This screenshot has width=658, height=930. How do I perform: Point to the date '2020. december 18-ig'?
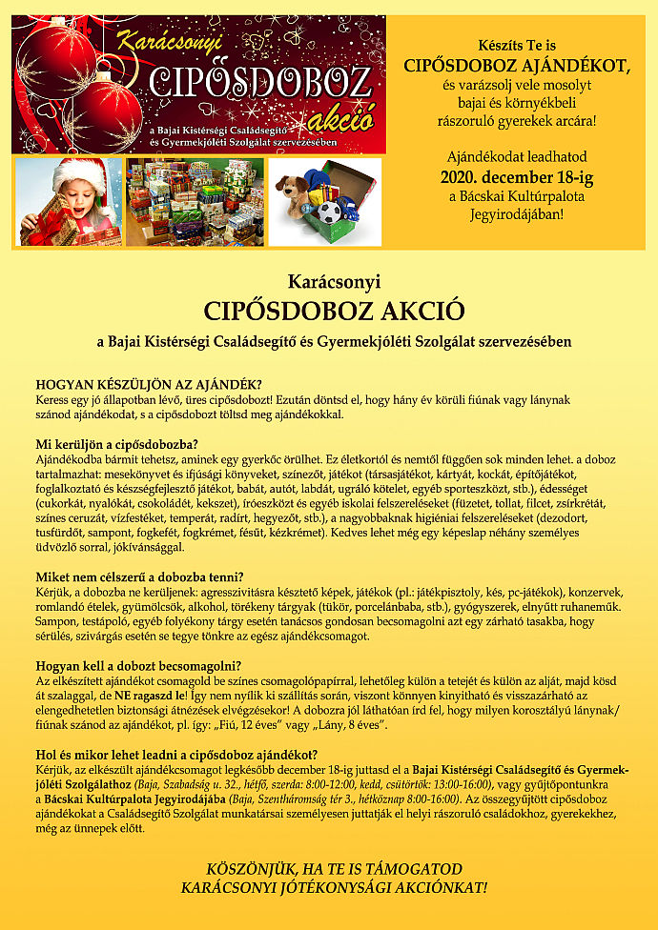(503, 176)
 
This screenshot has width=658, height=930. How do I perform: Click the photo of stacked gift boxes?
(195, 202)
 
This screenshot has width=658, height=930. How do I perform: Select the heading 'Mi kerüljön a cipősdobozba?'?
(117, 443)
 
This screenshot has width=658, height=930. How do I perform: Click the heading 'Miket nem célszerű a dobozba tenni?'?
(140, 576)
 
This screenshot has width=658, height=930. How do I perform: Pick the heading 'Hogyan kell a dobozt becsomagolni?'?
(138, 665)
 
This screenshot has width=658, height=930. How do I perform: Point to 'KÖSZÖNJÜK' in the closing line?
(248, 869)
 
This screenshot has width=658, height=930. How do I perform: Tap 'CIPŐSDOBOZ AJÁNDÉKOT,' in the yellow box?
(518, 66)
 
